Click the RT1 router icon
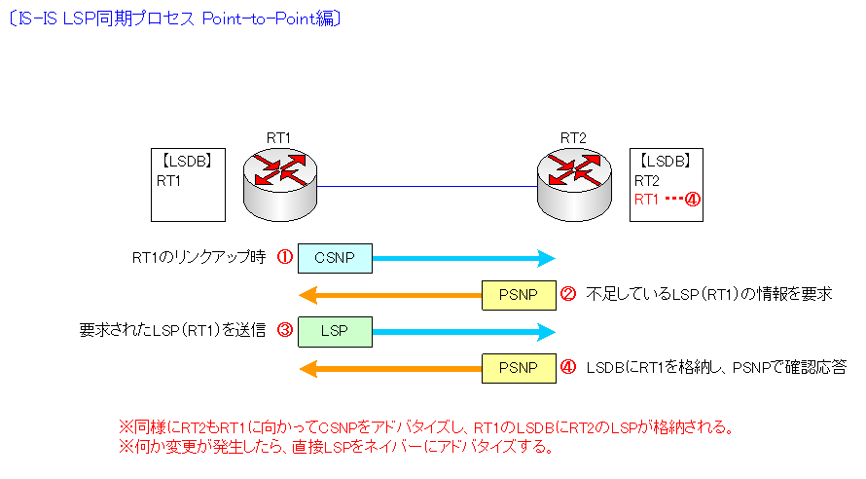tap(280, 181)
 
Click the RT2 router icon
tap(574, 181)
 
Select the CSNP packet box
tap(335, 258)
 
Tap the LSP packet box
tap(335, 330)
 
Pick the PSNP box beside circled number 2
tap(520, 294)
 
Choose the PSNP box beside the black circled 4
tap(520, 368)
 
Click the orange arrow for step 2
tap(389, 294)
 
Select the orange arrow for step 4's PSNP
tap(389, 368)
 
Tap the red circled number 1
tap(285, 257)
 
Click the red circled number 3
tap(285, 330)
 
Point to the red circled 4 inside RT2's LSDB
tap(693, 199)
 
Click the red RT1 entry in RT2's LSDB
tap(647, 199)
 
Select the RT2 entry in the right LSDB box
tap(647, 181)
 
